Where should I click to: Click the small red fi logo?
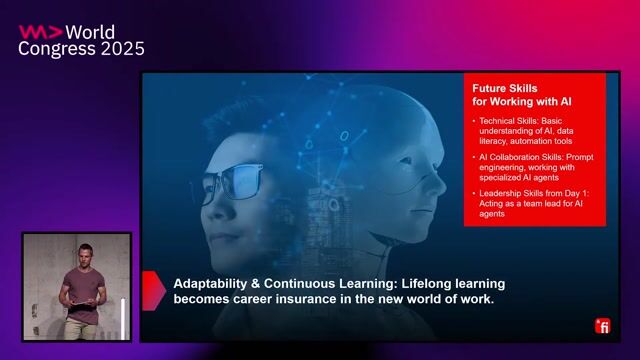point(602,326)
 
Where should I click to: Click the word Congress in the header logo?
point(51,48)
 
